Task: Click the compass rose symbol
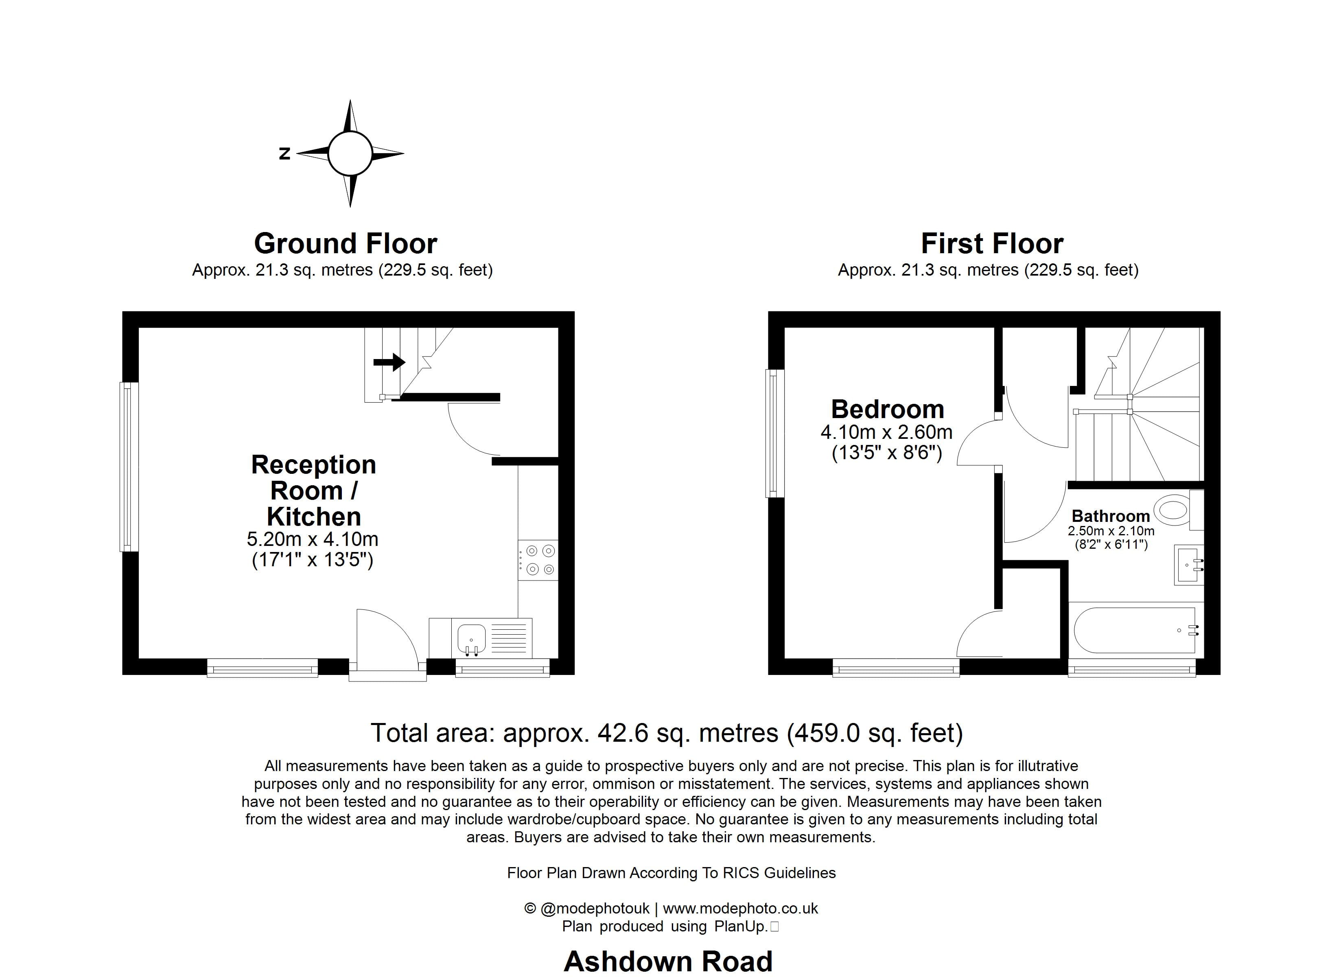350,153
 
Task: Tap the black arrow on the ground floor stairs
389,362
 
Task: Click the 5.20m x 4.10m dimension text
312,539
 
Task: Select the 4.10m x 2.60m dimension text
886,432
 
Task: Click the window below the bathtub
1132,670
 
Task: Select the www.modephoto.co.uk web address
740,908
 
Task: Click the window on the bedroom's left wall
774,433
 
